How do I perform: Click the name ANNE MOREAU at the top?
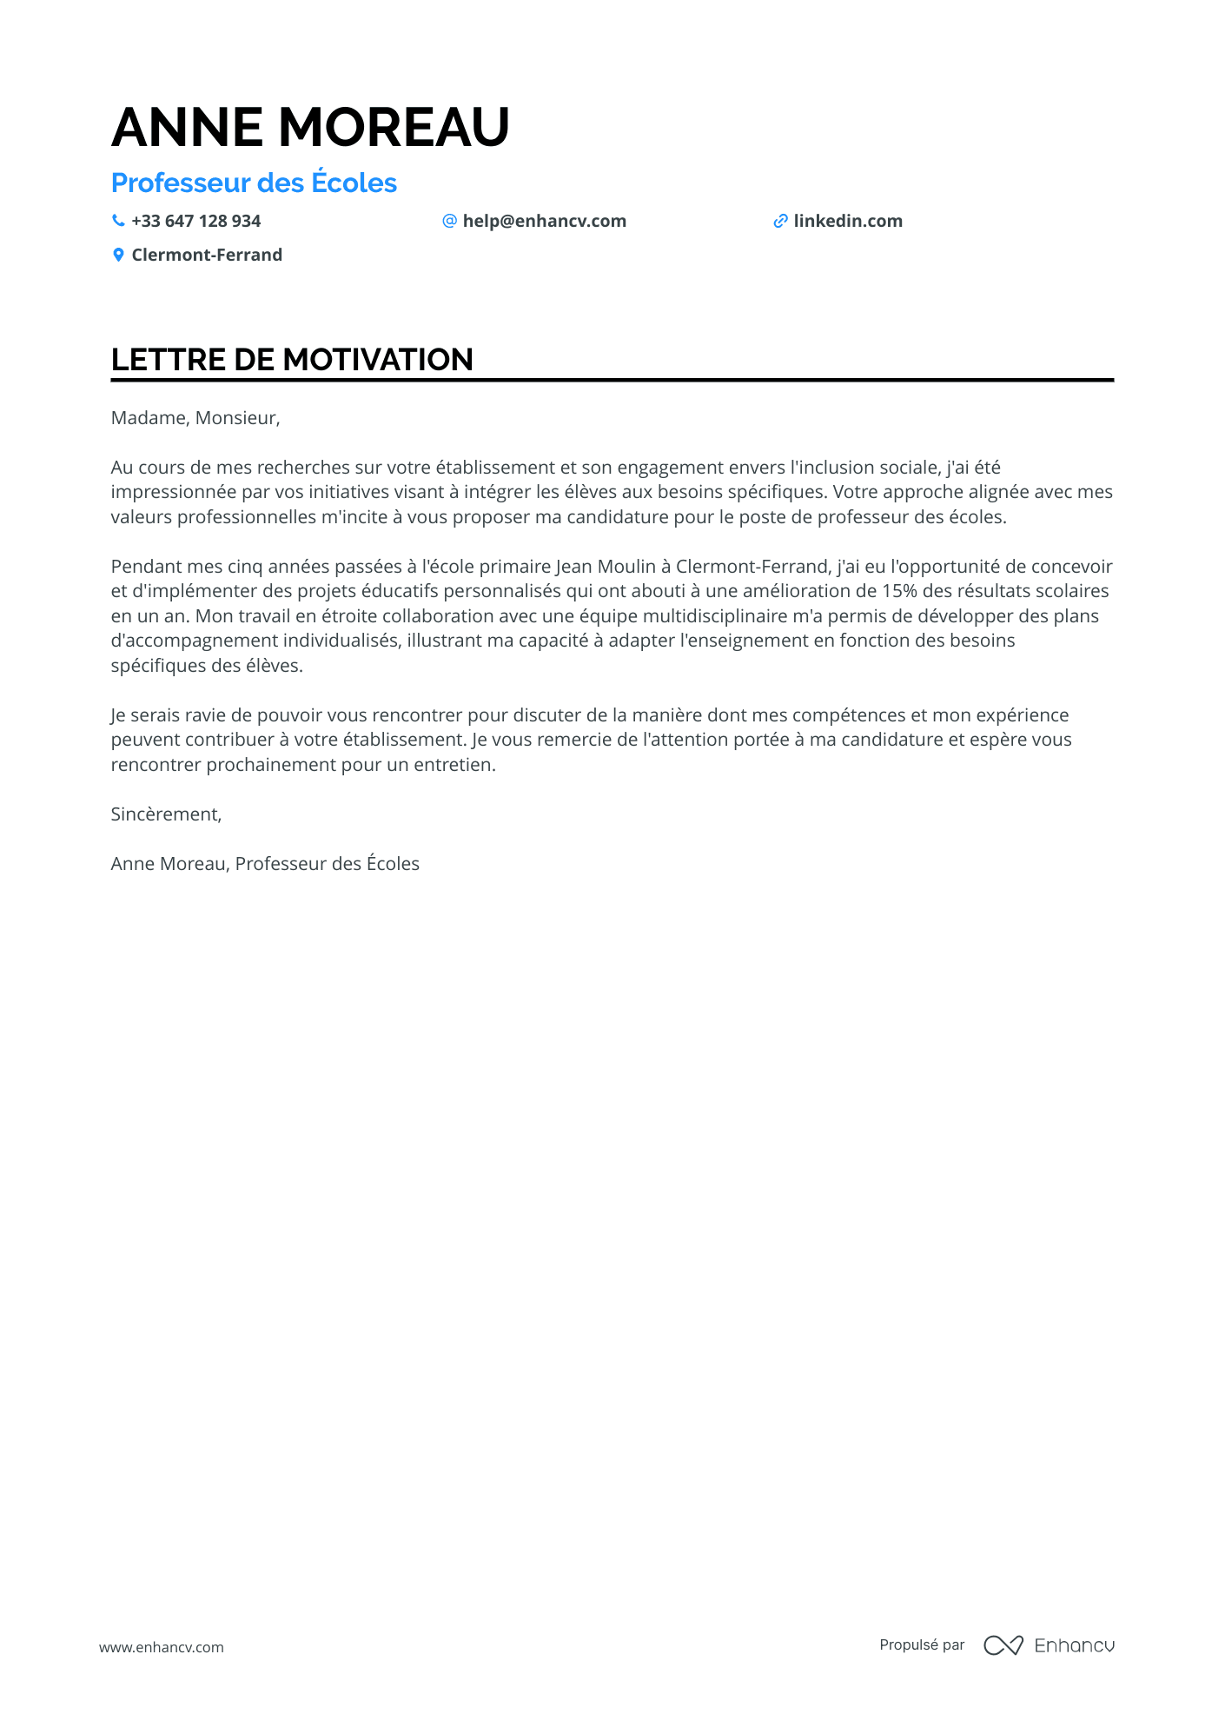point(310,127)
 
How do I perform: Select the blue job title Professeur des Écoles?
point(254,183)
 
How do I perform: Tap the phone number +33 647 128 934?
point(195,221)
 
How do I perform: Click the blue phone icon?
point(118,221)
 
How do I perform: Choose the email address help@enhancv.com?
point(544,221)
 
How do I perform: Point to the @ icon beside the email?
point(449,221)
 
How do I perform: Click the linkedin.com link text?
point(847,221)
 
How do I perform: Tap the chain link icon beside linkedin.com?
point(780,221)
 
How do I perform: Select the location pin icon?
point(118,255)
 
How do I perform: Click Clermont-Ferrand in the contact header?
point(207,255)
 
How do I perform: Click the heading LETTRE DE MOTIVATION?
point(292,359)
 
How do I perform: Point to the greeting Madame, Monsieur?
point(195,418)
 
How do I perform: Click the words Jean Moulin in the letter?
point(606,567)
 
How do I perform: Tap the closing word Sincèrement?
point(166,814)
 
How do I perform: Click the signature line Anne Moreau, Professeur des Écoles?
point(265,864)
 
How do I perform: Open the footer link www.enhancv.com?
point(162,1647)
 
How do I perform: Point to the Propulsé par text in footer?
point(922,1644)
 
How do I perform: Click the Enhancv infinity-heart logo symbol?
point(1003,1645)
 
